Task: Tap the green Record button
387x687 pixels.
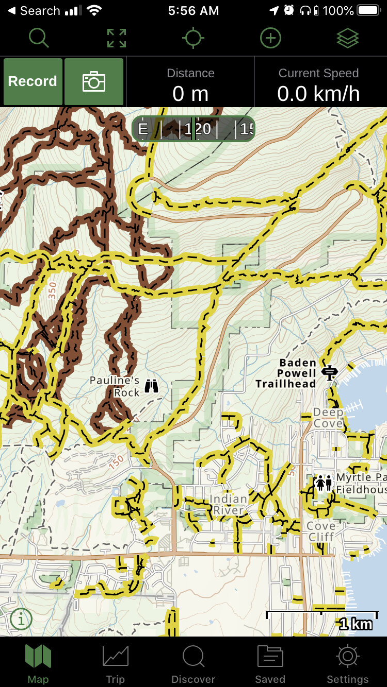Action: (33, 81)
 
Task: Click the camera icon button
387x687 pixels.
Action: (94, 81)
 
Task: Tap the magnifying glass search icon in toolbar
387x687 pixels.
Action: (39, 38)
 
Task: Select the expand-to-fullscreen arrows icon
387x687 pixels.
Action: (116, 38)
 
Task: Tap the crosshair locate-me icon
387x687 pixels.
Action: (193, 38)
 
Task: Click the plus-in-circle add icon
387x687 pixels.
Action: (270, 38)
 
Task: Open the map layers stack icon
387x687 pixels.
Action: (347, 38)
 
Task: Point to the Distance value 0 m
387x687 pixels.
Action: (190, 94)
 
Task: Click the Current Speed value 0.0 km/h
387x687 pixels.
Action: (318, 94)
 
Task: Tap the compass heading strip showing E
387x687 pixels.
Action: (193, 129)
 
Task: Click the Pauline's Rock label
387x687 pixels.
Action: (115, 386)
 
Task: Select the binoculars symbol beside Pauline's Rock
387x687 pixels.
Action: (151, 386)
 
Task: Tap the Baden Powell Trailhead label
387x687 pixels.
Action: (286, 373)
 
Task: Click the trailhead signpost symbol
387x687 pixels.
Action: (329, 372)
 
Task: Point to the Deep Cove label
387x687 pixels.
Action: (328, 418)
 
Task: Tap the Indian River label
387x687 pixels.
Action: (228, 505)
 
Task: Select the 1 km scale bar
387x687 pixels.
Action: (322, 615)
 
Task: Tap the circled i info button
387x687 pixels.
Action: (21, 620)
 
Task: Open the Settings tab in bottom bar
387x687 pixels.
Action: (347, 664)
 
